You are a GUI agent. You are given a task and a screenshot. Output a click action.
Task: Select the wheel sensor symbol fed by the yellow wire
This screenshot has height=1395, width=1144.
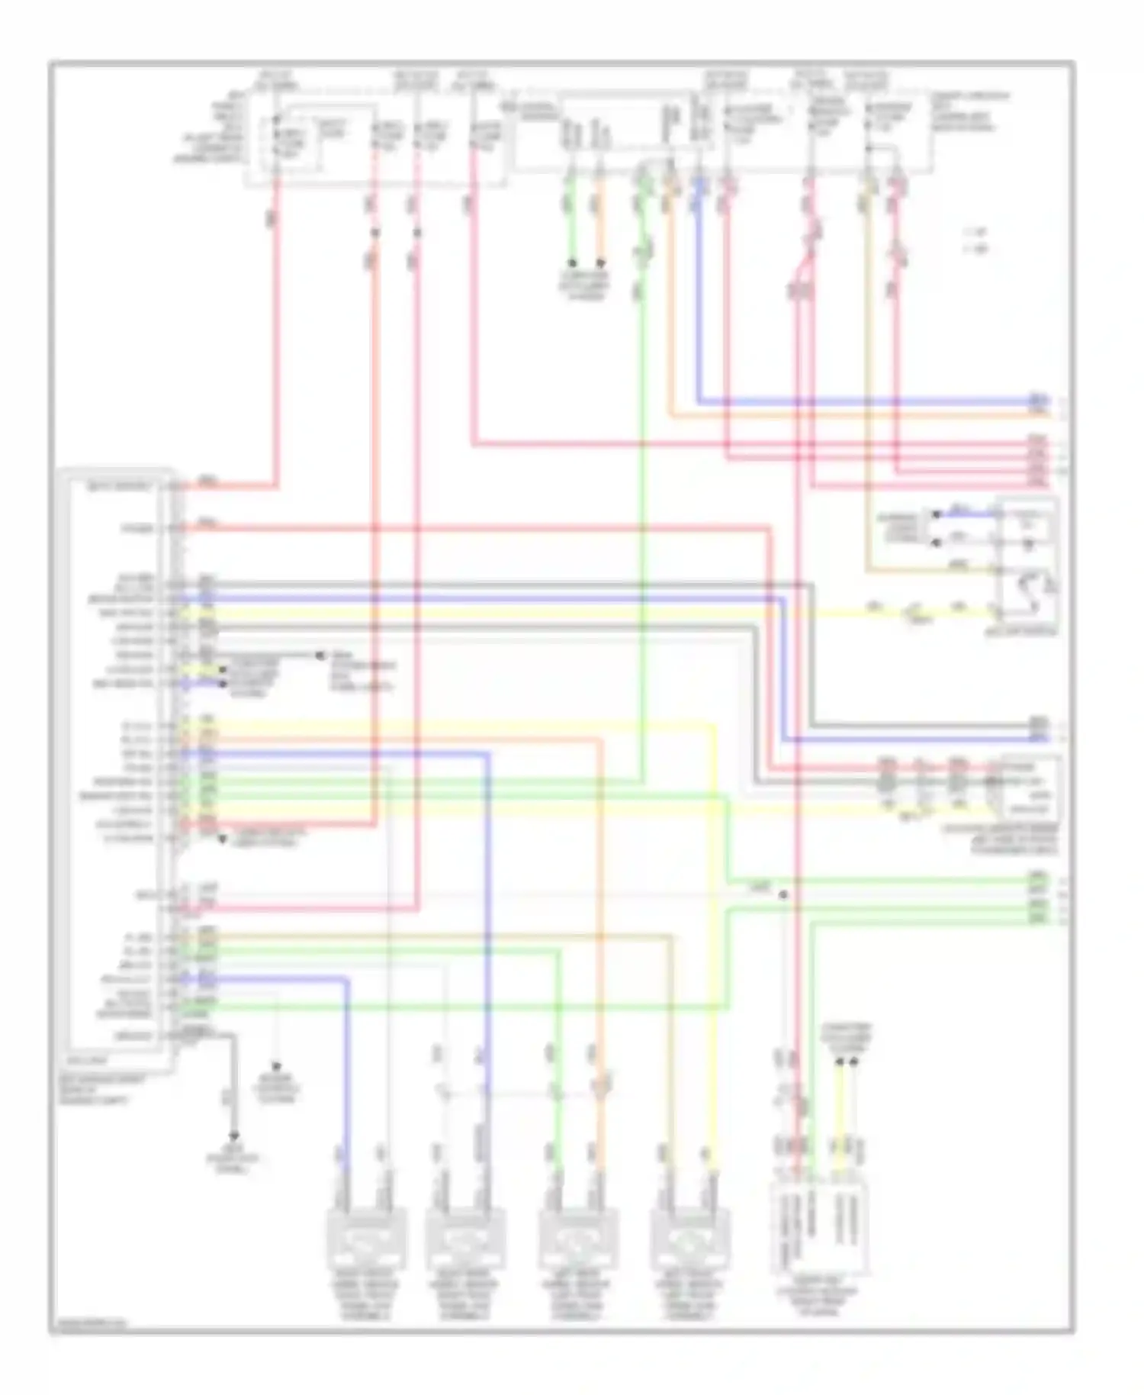click(x=689, y=1240)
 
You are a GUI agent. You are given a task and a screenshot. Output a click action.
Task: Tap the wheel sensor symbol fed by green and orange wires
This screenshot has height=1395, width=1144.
click(x=577, y=1240)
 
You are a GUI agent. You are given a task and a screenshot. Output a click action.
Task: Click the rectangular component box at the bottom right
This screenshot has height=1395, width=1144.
click(x=820, y=1229)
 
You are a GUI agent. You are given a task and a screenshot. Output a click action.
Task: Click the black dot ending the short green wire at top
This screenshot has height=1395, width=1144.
click(x=573, y=263)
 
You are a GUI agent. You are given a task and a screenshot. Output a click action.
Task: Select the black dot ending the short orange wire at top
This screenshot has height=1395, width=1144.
click(x=600, y=263)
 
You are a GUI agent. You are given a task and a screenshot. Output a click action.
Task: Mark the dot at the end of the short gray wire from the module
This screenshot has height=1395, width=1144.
click(x=320, y=656)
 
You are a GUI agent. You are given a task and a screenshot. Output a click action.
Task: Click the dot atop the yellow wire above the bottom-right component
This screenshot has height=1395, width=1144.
click(x=839, y=1061)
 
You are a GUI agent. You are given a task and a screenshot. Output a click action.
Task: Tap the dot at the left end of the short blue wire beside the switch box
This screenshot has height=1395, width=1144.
click(x=937, y=515)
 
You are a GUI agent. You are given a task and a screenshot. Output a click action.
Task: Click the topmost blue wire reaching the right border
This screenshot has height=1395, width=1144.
click(x=877, y=401)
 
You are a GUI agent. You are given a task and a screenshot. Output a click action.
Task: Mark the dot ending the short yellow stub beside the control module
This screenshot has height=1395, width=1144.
click(x=223, y=669)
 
